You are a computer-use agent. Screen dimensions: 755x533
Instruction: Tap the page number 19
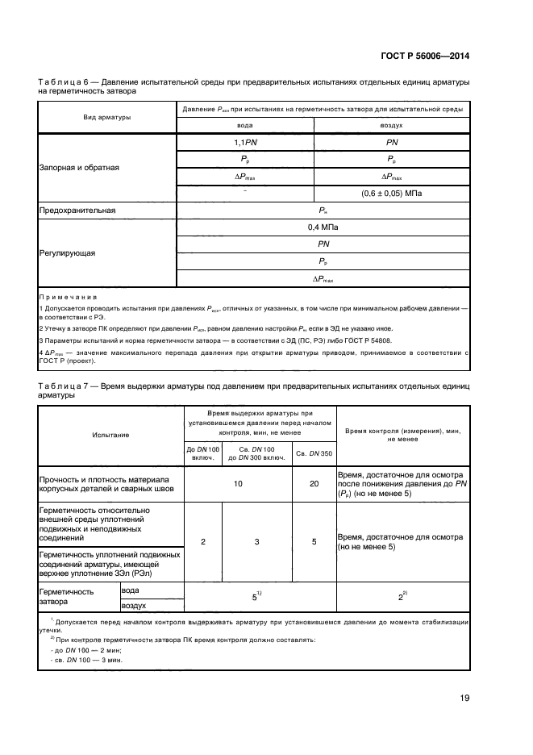464,699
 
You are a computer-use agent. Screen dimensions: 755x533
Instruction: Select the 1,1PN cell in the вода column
244,142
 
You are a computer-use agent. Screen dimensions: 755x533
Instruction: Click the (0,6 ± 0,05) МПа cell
392,194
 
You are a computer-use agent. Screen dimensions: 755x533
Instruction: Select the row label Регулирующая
68,252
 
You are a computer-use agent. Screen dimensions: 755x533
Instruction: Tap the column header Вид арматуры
107,117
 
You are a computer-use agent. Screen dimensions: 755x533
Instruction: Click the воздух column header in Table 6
392,126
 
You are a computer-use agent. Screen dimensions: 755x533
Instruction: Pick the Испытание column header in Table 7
110,435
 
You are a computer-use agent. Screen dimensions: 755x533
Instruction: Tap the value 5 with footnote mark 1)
256,597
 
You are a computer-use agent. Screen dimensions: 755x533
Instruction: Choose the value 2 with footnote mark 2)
402,597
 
